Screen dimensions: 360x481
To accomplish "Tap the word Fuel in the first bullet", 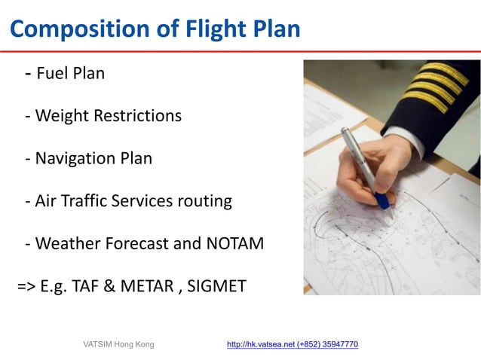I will pos(52,74).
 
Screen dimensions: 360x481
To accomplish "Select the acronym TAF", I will pos(93,287).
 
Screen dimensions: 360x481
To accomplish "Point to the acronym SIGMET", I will pos(218,287).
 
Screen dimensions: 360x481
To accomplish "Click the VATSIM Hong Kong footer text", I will pos(118,344).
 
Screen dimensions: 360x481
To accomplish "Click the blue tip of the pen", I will pos(383,200).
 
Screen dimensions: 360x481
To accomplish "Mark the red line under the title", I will pos(240,51).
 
